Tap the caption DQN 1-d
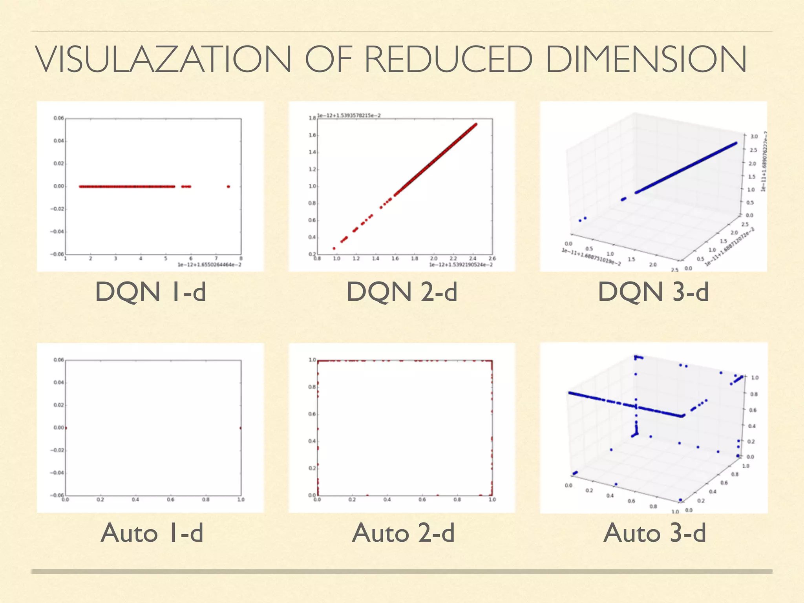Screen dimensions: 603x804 (x=150, y=292)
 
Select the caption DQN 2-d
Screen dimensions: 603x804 (x=402, y=292)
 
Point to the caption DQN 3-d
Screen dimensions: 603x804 (x=653, y=292)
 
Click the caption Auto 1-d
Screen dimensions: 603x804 (x=152, y=533)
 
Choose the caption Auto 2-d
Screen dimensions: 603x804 (x=403, y=533)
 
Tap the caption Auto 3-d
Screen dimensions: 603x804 (x=654, y=533)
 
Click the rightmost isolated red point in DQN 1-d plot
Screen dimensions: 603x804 (x=228, y=186)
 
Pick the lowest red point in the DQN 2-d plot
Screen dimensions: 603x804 (x=334, y=248)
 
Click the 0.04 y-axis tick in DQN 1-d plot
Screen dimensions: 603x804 (x=58, y=141)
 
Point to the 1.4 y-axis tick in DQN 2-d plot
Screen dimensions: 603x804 (x=312, y=152)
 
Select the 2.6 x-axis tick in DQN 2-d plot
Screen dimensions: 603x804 (x=492, y=258)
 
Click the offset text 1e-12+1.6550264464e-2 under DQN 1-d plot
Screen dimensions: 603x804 (x=209, y=265)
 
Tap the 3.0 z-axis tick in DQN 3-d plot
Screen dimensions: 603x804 (x=754, y=137)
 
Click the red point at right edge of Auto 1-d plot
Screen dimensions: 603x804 (x=241, y=428)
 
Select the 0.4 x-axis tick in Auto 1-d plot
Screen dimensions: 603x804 (x=135, y=499)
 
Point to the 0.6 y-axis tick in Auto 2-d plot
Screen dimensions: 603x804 (x=312, y=414)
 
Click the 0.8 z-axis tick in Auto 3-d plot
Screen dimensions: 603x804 (x=754, y=394)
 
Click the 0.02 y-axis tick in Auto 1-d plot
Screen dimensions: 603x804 (x=58, y=405)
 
